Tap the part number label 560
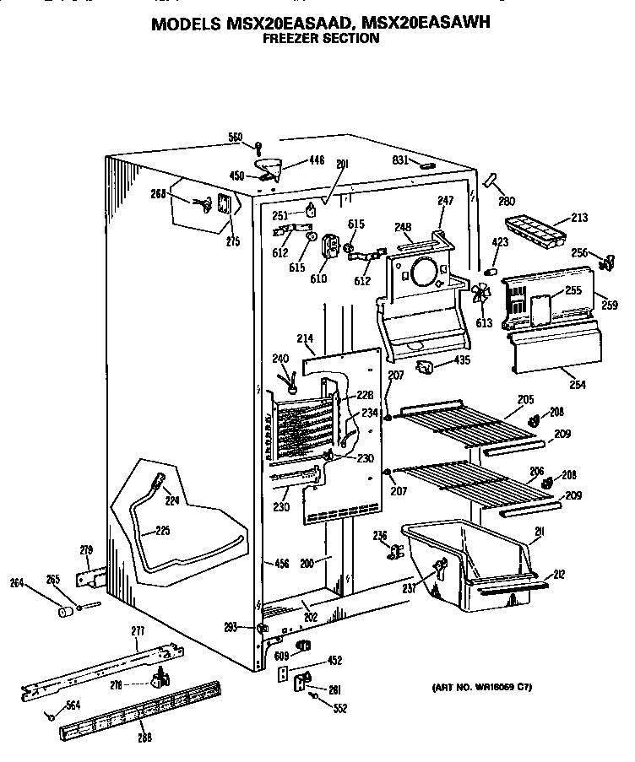235,138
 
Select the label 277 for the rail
138,632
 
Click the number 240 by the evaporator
280,360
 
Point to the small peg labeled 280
492,181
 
